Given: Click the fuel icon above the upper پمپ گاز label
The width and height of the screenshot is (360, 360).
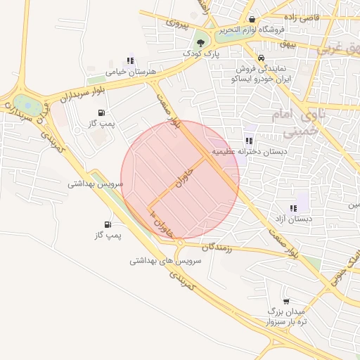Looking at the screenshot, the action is coord(103,111).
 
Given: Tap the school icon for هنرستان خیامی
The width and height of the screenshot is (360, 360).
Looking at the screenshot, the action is coord(129,60).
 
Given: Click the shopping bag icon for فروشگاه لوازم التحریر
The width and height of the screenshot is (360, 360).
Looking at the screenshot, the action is coord(252,19).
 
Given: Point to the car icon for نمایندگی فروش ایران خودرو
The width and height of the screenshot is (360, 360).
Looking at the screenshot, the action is coord(261,57).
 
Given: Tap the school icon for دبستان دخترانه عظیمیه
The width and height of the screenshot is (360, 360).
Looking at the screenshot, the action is coord(250,141).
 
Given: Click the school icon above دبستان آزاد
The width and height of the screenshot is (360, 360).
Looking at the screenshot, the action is coord(293,207).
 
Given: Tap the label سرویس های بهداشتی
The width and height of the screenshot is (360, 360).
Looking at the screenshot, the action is coord(165,260).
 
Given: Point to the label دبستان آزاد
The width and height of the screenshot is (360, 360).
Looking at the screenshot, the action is coord(294,219).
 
